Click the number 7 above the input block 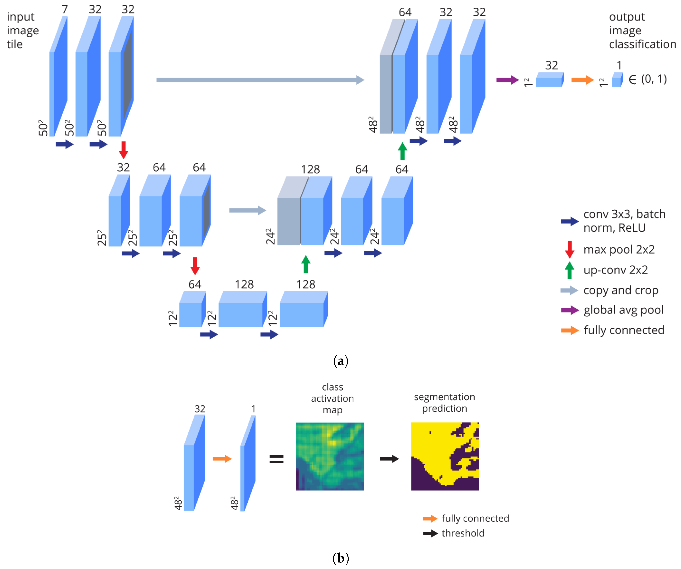[65, 9]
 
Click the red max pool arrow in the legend [569, 249]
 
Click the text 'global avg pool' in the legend [623, 310]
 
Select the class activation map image [330, 456]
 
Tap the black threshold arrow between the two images [389, 459]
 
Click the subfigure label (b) [340, 558]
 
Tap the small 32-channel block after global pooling [550, 80]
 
